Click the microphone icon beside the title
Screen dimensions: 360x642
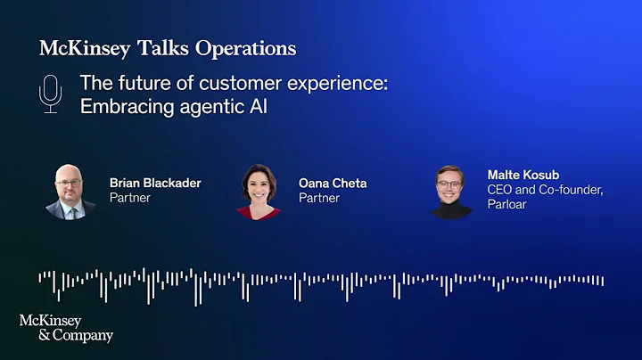tap(51, 94)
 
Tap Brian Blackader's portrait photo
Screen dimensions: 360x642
tap(70, 191)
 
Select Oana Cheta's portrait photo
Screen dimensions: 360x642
tap(259, 191)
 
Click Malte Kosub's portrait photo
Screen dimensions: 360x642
tap(451, 191)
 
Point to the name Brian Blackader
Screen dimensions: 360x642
tap(155, 183)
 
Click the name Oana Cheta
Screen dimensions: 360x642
tap(333, 184)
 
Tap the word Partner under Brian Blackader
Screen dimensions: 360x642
tap(129, 198)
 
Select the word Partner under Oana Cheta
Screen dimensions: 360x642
tap(318, 198)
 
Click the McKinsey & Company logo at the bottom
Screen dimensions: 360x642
tap(66, 328)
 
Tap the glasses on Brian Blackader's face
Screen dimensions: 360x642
tap(70, 184)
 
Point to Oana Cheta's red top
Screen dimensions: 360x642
tap(259, 212)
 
